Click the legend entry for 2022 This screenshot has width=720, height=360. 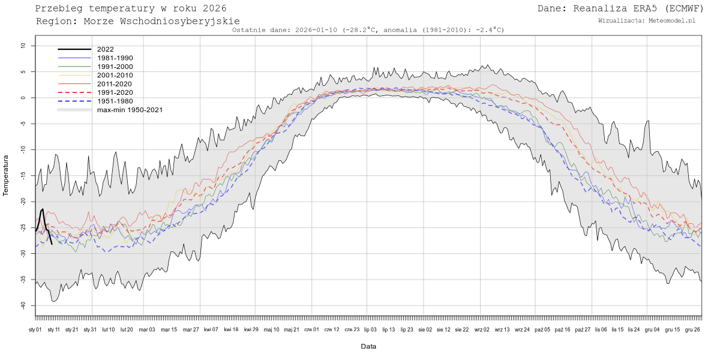click(x=105, y=49)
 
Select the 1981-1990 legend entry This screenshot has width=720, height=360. click(x=111, y=58)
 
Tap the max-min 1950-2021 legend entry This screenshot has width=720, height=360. click(x=130, y=110)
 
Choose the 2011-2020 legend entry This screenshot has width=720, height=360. click(x=111, y=84)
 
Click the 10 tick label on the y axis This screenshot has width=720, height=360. click(x=23, y=46)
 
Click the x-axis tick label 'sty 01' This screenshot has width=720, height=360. click(x=35, y=329)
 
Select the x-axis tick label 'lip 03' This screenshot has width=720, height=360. click(x=370, y=329)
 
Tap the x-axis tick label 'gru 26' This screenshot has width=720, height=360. click(x=692, y=329)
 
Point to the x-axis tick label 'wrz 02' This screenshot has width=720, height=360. click(x=482, y=329)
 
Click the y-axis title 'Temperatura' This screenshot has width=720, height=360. click(x=7, y=175)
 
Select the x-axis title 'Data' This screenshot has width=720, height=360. click(x=368, y=346)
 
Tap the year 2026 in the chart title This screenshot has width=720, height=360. click(x=214, y=8)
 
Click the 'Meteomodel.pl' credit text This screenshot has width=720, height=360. click(x=672, y=20)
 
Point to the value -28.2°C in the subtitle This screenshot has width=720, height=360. click(x=359, y=29)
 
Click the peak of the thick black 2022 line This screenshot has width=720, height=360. click(x=43, y=209)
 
